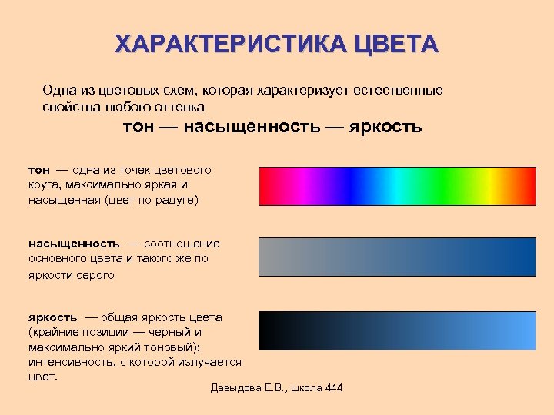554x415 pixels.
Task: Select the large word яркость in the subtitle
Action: click(385, 126)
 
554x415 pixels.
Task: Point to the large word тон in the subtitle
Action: click(139, 126)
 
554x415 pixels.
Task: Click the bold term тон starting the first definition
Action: click(39, 169)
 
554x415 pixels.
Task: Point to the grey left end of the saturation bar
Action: click(268, 257)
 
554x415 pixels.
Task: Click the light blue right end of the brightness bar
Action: click(527, 330)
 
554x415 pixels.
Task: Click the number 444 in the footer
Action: click(334, 387)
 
